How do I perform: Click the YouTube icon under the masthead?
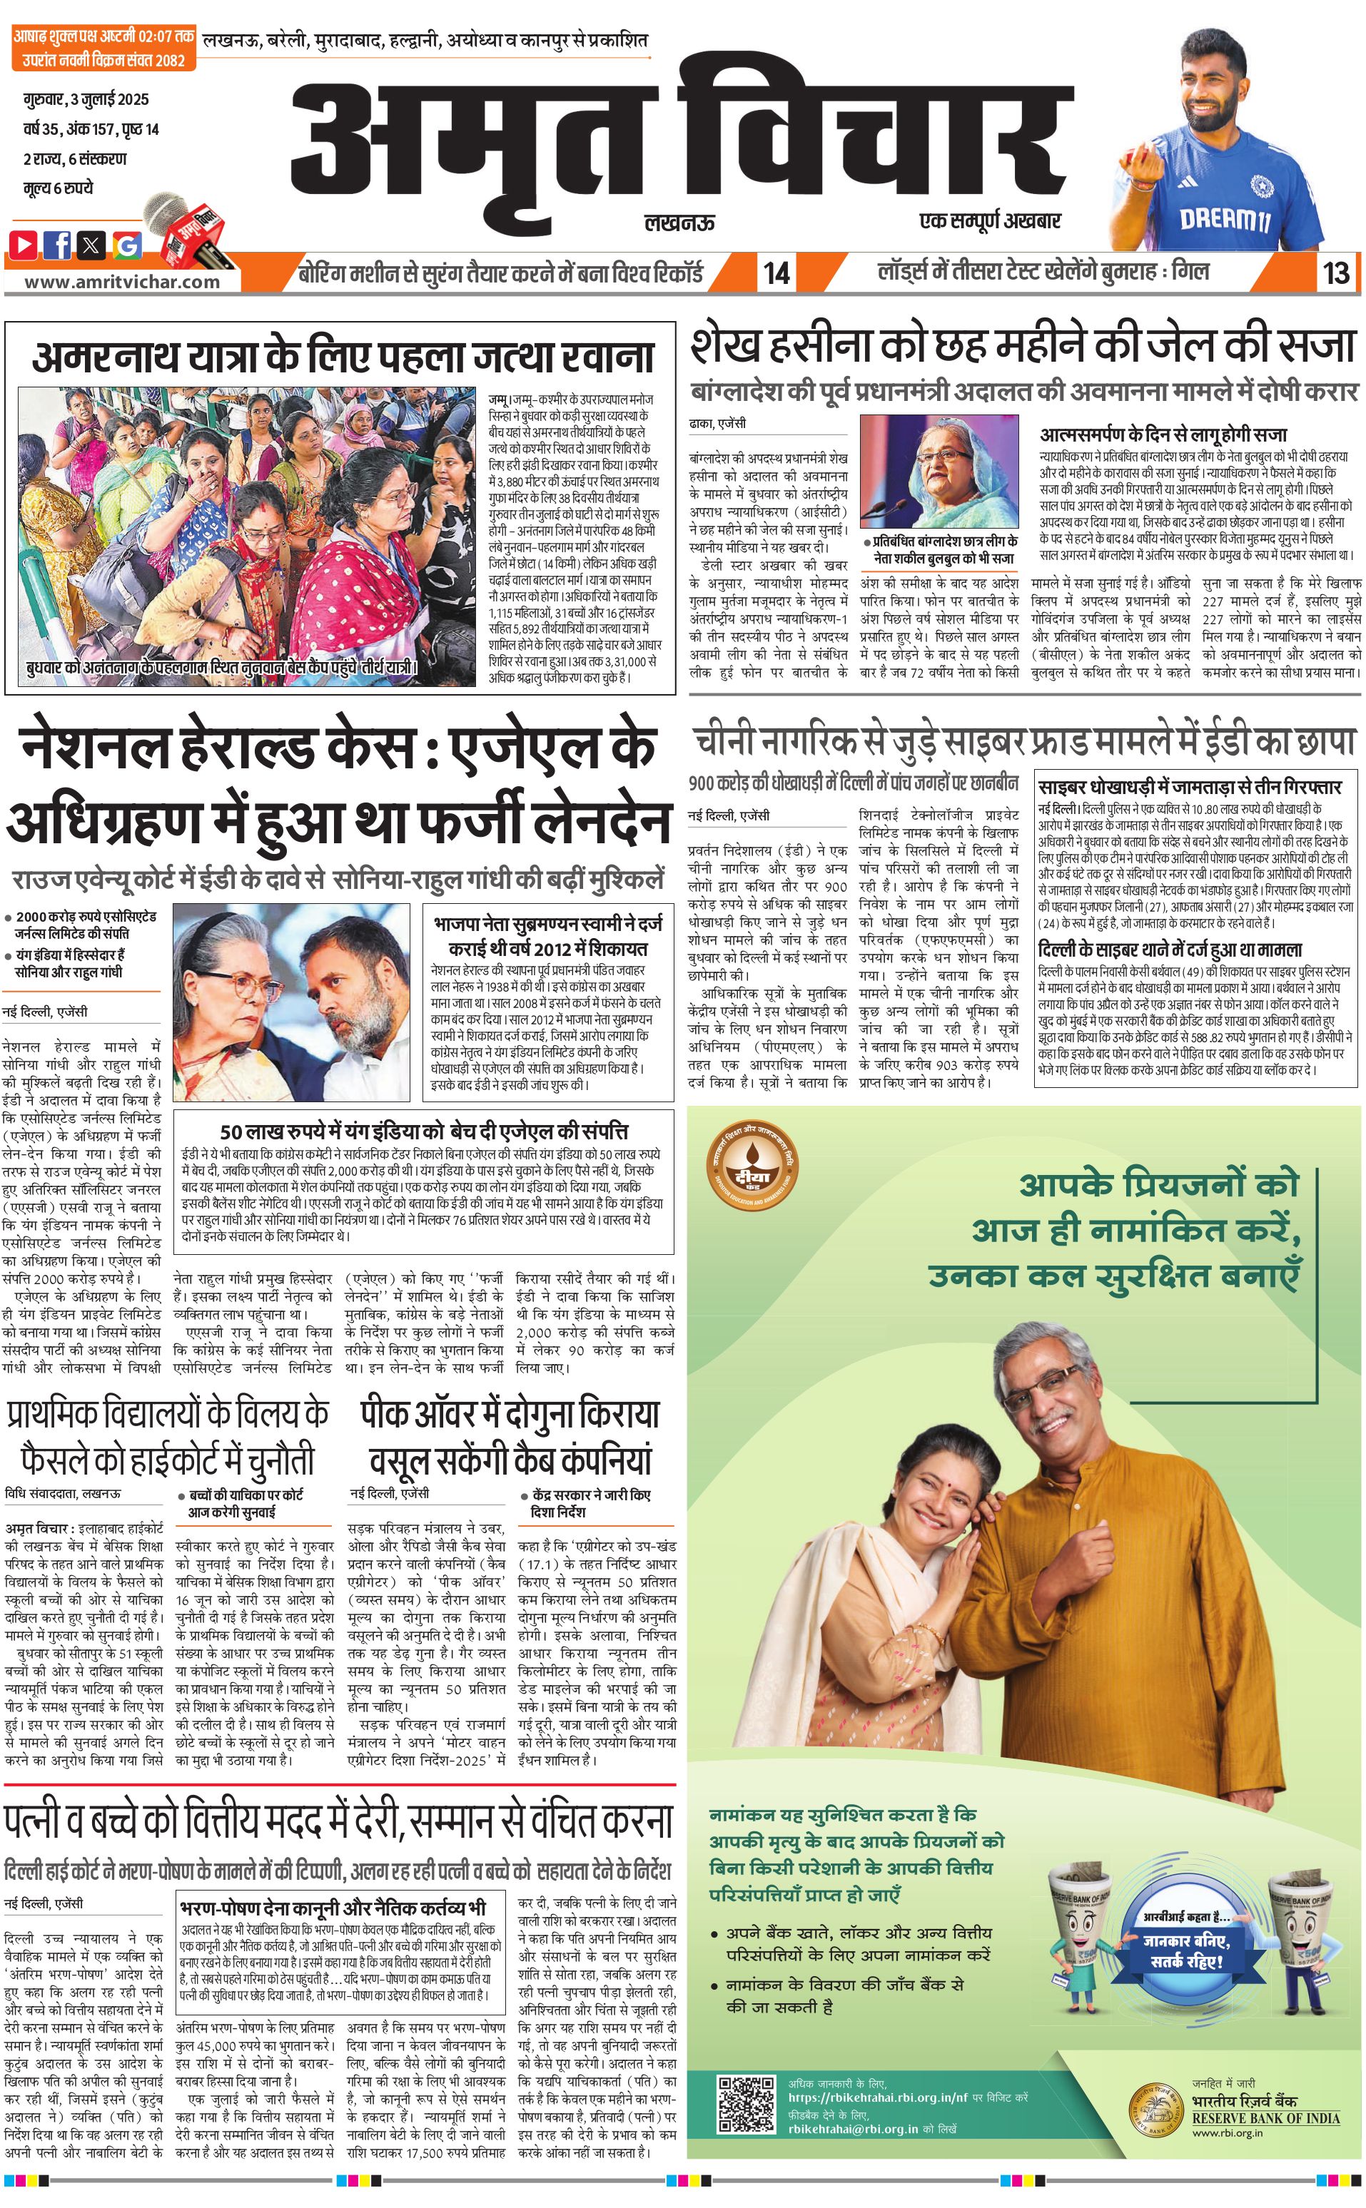pyautogui.click(x=24, y=244)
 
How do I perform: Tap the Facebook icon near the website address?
pyautogui.click(x=58, y=244)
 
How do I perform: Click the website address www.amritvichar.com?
pyautogui.click(x=122, y=282)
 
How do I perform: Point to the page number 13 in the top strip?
pyautogui.click(x=1335, y=273)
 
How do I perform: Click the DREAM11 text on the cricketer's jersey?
pyautogui.click(x=1224, y=218)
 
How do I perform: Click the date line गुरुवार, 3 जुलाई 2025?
pyautogui.click(x=86, y=99)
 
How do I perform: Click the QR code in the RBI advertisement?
pyautogui.click(x=747, y=2103)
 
